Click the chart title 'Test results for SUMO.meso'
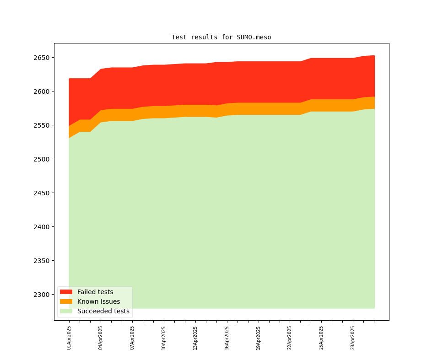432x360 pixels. [221, 37]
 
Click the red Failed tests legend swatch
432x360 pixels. [66, 292]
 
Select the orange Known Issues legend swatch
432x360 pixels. [66, 301]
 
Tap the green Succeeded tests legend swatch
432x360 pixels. [66, 311]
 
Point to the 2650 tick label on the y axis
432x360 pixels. [41, 58]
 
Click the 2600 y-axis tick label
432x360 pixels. [41, 91]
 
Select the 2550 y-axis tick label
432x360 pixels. [41, 125]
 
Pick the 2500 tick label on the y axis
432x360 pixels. [41, 159]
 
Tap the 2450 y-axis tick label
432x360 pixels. [41, 193]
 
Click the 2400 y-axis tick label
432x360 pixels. [41, 227]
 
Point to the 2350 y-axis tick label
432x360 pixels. [41, 261]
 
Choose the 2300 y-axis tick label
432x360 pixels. [41, 295]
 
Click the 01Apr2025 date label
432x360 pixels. [69, 338]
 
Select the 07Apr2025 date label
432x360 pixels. [132, 338]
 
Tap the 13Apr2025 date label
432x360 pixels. [195, 338]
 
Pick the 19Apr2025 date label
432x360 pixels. [259, 338]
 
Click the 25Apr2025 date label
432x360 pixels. [321, 338]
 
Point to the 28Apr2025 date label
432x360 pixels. [353, 338]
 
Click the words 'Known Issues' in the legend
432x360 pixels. [98, 301]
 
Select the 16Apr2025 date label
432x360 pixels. [227, 338]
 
